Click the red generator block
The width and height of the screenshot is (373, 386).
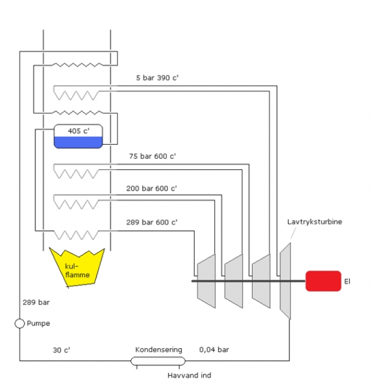[x=323, y=281]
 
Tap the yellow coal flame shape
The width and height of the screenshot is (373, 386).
[x=78, y=266]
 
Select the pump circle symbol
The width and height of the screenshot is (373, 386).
[x=20, y=323]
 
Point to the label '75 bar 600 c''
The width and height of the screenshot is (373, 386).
[x=152, y=156]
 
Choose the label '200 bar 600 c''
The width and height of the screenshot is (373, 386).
[x=152, y=188]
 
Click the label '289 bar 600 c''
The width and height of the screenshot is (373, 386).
[x=152, y=222]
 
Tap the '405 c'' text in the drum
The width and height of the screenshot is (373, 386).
[x=78, y=131]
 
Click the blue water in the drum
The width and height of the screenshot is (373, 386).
[x=78, y=142]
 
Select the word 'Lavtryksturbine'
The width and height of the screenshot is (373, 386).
[x=314, y=222]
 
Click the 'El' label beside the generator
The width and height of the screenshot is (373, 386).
[x=348, y=281]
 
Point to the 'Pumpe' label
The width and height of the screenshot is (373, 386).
[x=40, y=323]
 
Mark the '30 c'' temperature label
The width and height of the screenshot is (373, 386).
[x=61, y=351]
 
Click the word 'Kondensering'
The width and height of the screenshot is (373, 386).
[x=158, y=350]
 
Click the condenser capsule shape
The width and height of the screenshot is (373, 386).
[x=158, y=361]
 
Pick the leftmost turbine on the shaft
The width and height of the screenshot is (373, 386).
[x=206, y=280]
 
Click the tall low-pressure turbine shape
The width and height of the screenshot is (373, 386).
[x=286, y=281]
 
